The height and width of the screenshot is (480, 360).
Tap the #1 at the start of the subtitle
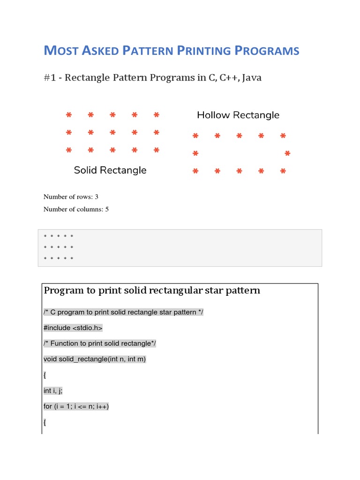(50, 78)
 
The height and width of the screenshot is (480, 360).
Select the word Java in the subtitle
(251, 78)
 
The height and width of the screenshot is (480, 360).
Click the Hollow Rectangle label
(238, 115)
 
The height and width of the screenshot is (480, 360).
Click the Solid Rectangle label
(110, 170)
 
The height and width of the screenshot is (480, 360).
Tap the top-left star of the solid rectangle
(69, 115)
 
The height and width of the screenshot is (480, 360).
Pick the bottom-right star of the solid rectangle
(157, 150)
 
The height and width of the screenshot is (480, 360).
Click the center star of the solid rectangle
(112, 133)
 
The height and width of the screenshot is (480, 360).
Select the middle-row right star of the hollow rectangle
(287, 154)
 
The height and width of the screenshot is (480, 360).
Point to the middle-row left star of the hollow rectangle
(195, 154)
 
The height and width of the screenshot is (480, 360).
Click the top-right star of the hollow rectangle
(283, 136)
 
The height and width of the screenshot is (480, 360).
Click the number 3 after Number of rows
(96, 197)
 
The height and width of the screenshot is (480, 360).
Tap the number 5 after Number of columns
(107, 210)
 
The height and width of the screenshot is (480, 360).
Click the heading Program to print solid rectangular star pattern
(151, 291)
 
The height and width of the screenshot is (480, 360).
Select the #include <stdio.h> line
(73, 328)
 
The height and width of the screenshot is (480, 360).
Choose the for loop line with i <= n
(76, 406)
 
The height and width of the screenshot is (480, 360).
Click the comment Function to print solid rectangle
(99, 344)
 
